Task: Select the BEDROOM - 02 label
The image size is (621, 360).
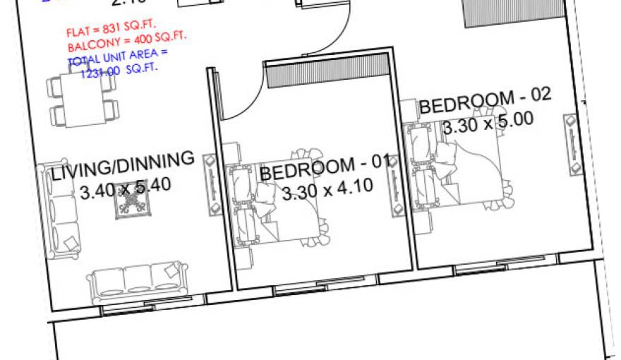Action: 485,102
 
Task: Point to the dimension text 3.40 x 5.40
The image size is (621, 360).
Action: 126,188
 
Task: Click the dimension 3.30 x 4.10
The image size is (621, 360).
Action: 327,189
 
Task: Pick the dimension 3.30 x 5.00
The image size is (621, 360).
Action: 487,122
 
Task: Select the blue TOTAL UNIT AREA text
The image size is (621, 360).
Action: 118,61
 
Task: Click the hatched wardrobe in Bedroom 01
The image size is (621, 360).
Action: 329,72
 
